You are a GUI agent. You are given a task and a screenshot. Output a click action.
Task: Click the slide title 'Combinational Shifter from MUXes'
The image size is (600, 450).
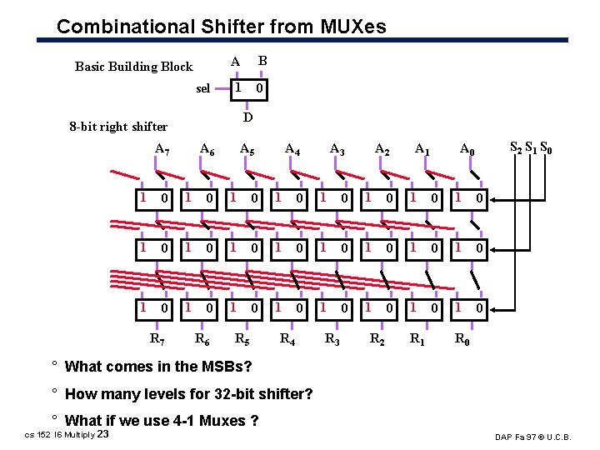pos(221,27)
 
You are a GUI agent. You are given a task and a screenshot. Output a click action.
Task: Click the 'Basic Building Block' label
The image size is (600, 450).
pos(133,67)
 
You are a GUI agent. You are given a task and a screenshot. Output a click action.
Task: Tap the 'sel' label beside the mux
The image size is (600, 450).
pos(202,89)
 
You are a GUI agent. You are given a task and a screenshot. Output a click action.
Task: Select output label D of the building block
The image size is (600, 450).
pos(247,117)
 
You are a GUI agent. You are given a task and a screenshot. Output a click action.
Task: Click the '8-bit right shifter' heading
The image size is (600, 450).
pos(118,127)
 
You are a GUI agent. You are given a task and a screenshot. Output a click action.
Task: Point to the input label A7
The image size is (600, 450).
pos(162,149)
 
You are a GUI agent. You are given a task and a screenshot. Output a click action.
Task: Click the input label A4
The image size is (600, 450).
pos(292,149)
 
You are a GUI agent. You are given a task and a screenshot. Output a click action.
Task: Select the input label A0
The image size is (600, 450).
pos(468,149)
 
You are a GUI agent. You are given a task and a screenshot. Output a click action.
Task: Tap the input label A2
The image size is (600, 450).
pos(382,149)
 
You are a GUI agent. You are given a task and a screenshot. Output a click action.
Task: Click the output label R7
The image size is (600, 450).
pos(157,339)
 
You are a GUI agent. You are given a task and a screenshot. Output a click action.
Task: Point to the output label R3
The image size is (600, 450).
pos(332,339)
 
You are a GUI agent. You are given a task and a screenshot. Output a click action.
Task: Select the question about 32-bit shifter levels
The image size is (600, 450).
pos(187,393)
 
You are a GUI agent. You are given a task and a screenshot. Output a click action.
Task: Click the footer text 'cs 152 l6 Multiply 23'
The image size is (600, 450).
pos(67,434)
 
